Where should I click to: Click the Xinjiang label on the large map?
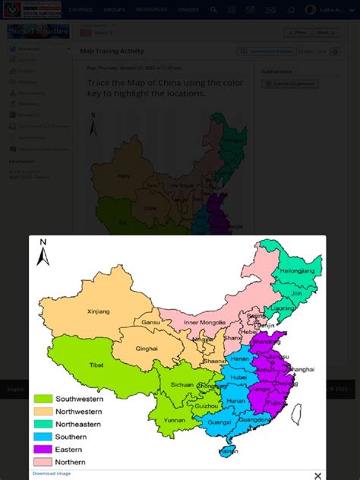point(98,311)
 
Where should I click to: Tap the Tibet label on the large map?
point(96,365)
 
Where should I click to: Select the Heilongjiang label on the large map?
point(296,270)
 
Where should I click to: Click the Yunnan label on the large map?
point(174,420)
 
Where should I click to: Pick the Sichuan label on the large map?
point(182,385)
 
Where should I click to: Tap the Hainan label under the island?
point(228,451)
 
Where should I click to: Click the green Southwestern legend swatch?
point(43,399)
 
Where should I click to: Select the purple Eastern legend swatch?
point(43,450)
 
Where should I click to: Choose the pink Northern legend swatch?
point(43,462)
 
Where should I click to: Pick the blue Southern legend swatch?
point(43,437)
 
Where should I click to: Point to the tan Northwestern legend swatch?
point(43,412)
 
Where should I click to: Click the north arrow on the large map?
point(43,253)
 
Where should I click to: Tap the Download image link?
point(52,473)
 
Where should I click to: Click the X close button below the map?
point(317,475)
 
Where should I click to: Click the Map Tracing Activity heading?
point(112,52)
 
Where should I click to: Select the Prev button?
point(297,33)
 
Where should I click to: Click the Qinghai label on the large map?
point(147,349)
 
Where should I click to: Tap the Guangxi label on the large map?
point(219,422)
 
